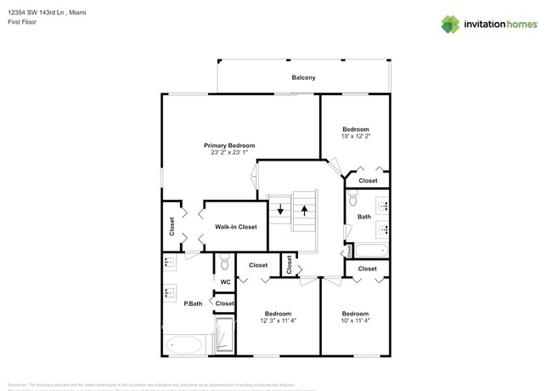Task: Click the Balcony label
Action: (x=303, y=78)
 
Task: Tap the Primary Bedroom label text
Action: (x=228, y=145)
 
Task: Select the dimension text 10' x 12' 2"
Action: (x=355, y=136)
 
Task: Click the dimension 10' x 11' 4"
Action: (x=355, y=320)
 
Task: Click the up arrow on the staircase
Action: (x=303, y=208)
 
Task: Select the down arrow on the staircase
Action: (x=279, y=210)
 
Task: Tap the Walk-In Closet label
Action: (x=235, y=227)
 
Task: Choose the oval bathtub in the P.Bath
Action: (x=184, y=345)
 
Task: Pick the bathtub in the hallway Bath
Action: (x=371, y=251)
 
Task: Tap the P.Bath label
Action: (x=193, y=303)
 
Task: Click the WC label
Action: (x=225, y=282)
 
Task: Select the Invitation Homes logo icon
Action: (x=452, y=24)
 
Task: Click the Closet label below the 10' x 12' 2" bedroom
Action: (x=368, y=180)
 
